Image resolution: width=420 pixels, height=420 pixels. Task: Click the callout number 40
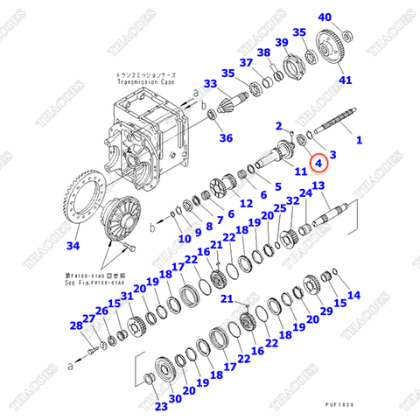coord(325,17)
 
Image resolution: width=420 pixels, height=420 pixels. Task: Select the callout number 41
coord(346,81)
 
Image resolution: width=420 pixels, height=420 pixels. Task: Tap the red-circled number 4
coord(319,161)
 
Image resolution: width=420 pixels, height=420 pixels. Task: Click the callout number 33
coord(209,83)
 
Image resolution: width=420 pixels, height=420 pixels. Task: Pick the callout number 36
coord(226,137)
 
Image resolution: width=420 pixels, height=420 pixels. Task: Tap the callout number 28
coord(75,326)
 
